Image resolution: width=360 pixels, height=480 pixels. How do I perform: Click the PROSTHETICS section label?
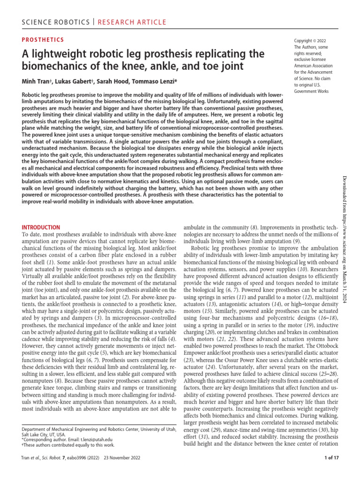click(x=43, y=40)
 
